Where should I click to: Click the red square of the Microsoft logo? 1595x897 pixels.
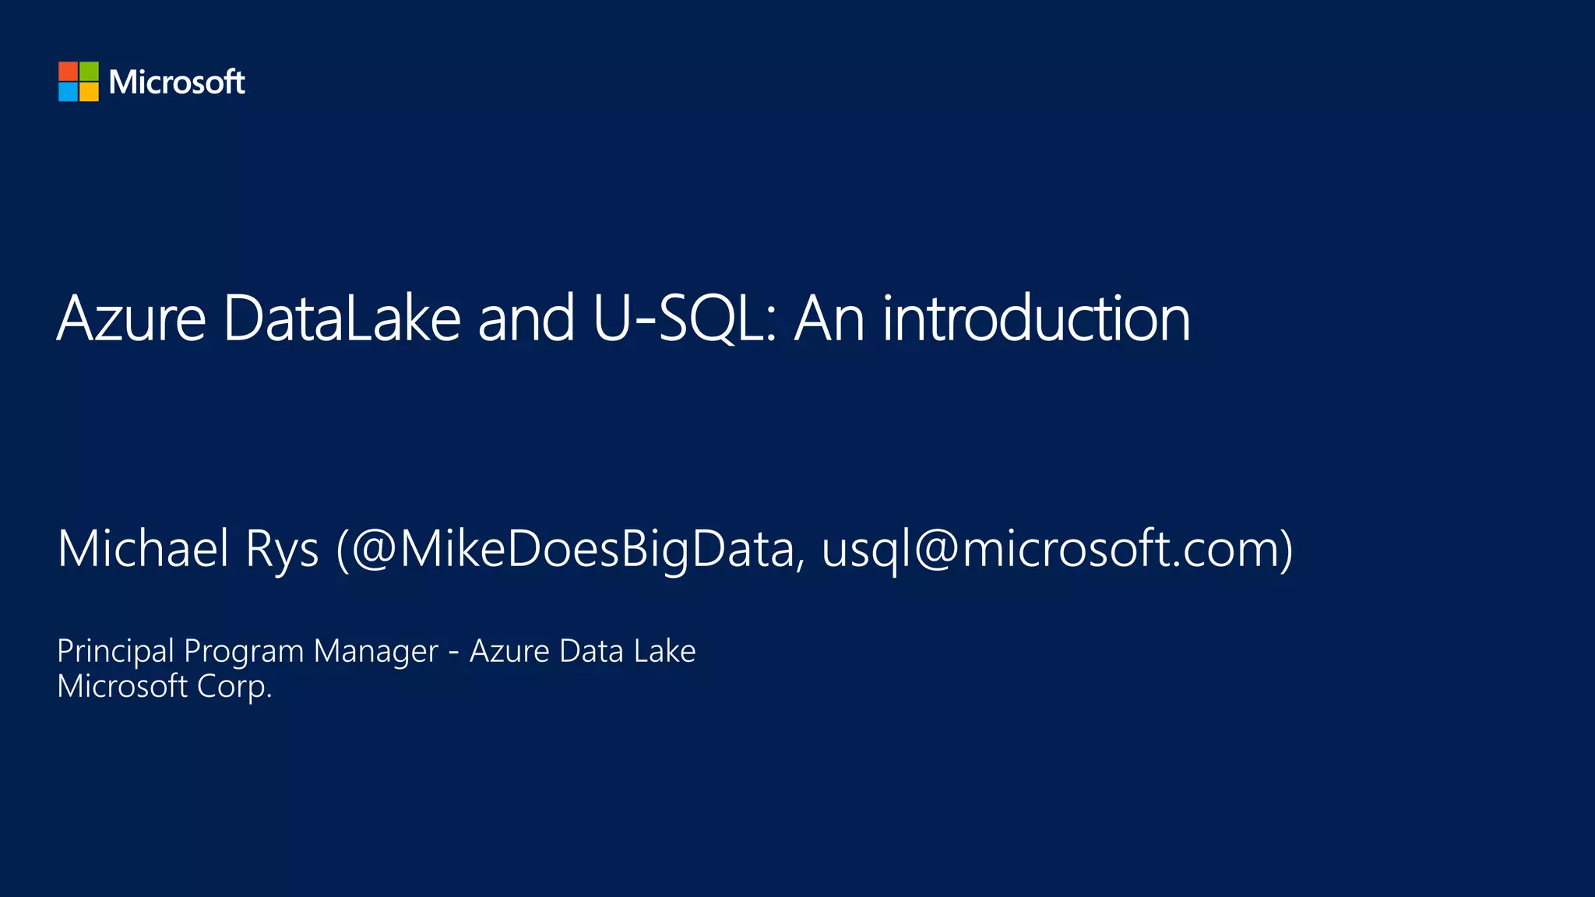coord(69,72)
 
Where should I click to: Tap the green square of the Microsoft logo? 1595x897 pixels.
coord(89,72)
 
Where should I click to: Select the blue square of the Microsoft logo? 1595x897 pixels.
coord(69,92)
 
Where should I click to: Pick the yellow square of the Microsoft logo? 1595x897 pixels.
coord(89,92)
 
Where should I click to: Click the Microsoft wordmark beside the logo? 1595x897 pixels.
coord(177,82)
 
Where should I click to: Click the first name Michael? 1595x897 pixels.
coord(143,548)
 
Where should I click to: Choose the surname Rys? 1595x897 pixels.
coord(282,550)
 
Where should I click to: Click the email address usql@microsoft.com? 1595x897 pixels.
coord(1051,550)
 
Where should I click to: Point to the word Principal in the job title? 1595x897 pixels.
coord(116,651)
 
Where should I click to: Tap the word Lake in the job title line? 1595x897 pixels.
coord(664,651)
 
